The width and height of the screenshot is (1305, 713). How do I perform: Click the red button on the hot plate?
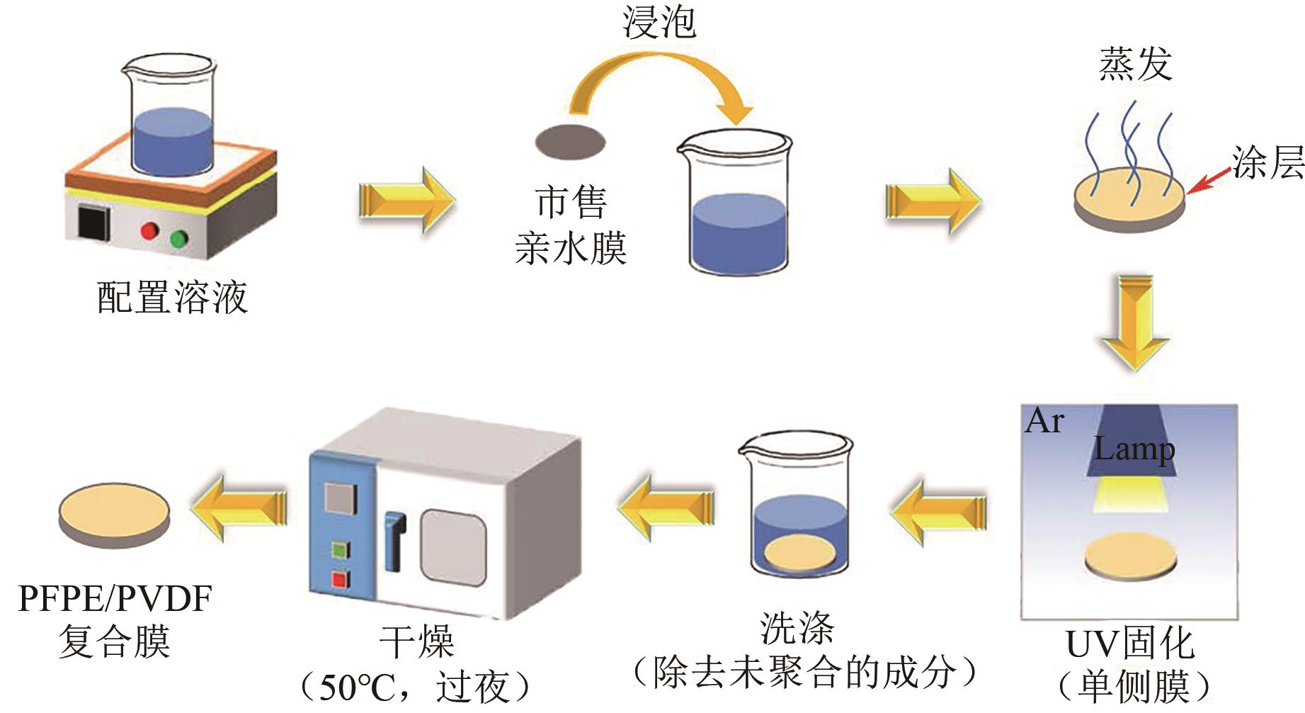tap(149, 231)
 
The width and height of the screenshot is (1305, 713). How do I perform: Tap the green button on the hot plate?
tap(179, 239)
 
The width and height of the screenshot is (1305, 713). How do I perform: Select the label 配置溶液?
tap(172, 298)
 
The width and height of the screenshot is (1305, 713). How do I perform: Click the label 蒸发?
tap(1135, 64)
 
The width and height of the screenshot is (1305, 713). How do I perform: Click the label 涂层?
tap(1267, 163)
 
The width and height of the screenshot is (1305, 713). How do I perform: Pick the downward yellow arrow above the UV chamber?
tap(1134, 322)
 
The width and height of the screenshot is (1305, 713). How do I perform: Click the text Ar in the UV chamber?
tap(1044, 421)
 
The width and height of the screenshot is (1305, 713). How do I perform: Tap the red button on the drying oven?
tap(341, 580)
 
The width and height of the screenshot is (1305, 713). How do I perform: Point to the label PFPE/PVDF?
tap(115, 600)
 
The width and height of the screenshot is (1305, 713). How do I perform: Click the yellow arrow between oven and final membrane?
tap(239, 508)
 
